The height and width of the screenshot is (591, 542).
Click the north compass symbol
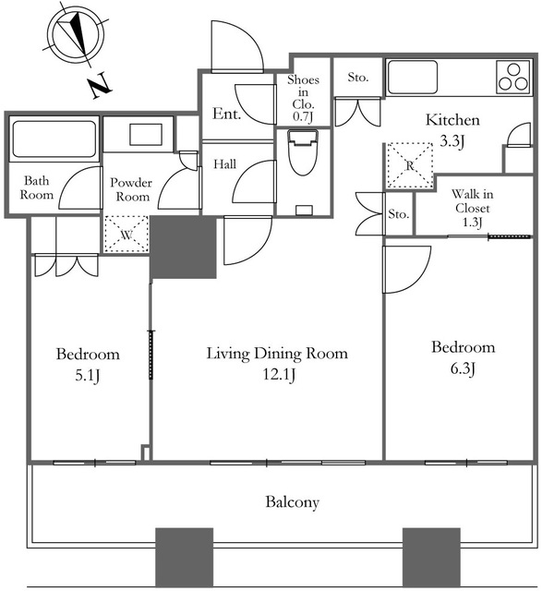pyautogui.click(x=77, y=37)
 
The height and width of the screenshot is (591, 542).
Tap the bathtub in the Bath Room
pyautogui.click(x=54, y=139)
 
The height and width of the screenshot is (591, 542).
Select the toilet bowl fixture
pyautogui.click(x=302, y=152)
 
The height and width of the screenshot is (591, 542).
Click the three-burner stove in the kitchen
pyautogui.click(x=513, y=77)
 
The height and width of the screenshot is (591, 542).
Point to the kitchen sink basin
pyautogui.click(x=413, y=78)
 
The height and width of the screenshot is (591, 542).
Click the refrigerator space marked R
pyautogui.click(x=410, y=164)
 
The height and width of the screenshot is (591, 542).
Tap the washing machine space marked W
pyautogui.click(x=126, y=234)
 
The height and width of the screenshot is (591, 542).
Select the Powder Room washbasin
pyautogui.click(x=146, y=134)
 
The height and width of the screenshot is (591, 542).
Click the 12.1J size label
pyautogui.click(x=279, y=375)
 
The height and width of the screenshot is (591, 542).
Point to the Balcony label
pyautogui.click(x=293, y=502)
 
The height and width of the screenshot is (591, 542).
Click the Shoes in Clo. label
pyautogui.click(x=303, y=98)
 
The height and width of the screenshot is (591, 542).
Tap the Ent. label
pyautogui.click(x=226, y=114)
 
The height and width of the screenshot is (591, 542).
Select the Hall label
pyautogui.click(x=225, y=164)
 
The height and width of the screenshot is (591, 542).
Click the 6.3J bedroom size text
pyautogui.click(x=463, y=368)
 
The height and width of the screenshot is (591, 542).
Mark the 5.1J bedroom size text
pyautogui.click(x=88, y=376)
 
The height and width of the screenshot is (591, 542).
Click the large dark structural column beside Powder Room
pyautogui.click(x=183, y=247)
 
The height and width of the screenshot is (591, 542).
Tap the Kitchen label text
pyautogui.click(x=452, y=120)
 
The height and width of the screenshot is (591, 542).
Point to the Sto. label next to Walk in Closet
pyautogui.click(x=399, y=214)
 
